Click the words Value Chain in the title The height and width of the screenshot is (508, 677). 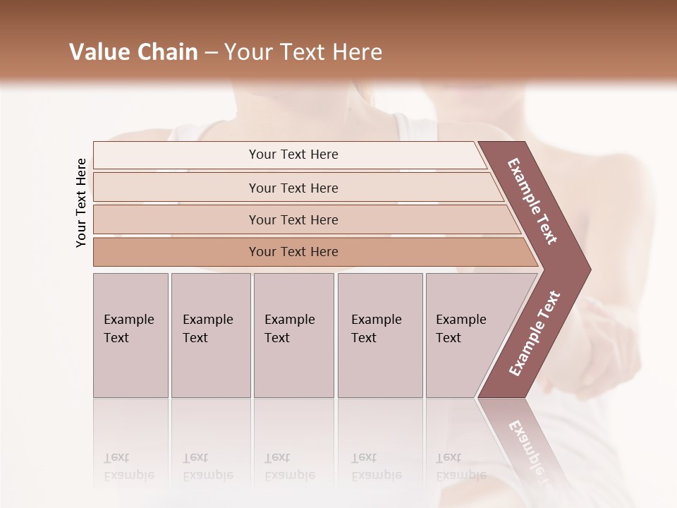pyautogui.click(x=133, y=52)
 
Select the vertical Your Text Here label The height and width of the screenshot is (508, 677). pyautogui.click(x=81, y=202)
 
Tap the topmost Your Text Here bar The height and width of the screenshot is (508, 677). pyautogui.click(x=293, y=155)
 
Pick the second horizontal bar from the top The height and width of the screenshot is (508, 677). pyautogui.click(x=293, y=188)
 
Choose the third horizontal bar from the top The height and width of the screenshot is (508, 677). pyautogui.click(x=293, y=219)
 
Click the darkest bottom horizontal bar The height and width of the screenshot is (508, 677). pyautogui.click(x=293, y=252)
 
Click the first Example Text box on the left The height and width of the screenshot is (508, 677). pyautogui.click(x=130, y=335)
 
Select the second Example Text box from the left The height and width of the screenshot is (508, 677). pyautogui.click(x=210, y=335)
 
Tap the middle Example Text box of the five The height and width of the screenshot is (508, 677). pyautogui.click(x=293, y=335)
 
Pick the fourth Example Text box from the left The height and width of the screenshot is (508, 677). pyautogui.click(x=380, y=335)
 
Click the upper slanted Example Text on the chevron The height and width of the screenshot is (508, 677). pyautogui.click(x=532, y=202)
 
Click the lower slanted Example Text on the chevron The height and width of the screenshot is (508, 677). pyautogui.click(x=535, y=334)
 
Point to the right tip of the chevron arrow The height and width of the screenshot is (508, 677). pyautogui.click(x=590, y=270)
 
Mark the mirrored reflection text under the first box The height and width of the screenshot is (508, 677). pyautogui.click(x=128, y=466)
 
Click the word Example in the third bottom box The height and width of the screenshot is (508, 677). pyautogui.click(x=289, y=320)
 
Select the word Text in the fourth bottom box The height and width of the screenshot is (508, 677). pyautogui.click(x=364, y=338)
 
